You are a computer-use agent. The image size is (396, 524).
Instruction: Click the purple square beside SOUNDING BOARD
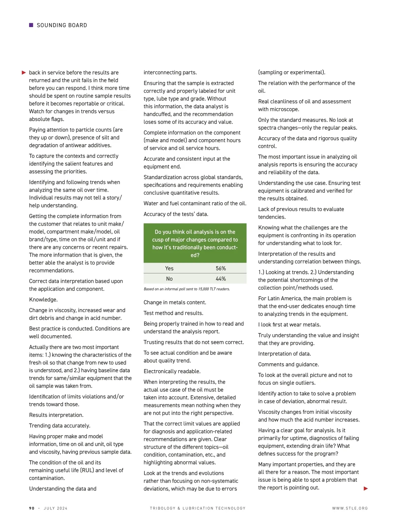[31, 25]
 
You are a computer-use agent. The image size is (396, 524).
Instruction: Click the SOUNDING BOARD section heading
[62, 25]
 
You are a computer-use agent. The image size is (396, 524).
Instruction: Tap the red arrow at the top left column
[24, 73]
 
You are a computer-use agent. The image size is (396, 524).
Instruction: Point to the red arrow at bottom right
[366, 488]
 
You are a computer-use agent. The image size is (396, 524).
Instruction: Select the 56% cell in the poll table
[221, 268]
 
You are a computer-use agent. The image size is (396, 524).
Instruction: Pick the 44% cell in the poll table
[221, 279]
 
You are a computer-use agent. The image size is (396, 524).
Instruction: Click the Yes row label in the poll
[169, 268]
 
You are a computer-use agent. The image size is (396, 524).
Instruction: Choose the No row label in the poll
[169, 279]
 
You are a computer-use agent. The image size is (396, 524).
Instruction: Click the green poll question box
[195, 243]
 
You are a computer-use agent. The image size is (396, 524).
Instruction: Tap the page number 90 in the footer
[32, 508]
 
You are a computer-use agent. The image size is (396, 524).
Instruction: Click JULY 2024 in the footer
[55, 508]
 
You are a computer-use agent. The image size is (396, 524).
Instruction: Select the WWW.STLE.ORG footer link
[350, 508]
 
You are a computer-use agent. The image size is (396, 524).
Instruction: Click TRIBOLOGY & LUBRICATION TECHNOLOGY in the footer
[198, 508]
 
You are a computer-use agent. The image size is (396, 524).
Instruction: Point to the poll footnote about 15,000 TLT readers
[187, 289]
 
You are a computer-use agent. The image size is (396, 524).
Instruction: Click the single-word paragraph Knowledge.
[43, 300]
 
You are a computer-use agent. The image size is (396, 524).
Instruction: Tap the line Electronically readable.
[172, 371]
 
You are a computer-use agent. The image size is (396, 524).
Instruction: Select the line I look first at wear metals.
[289, 325]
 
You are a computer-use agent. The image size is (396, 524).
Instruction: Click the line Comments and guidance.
[288, 364]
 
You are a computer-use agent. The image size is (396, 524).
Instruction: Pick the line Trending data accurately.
[60, 426]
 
